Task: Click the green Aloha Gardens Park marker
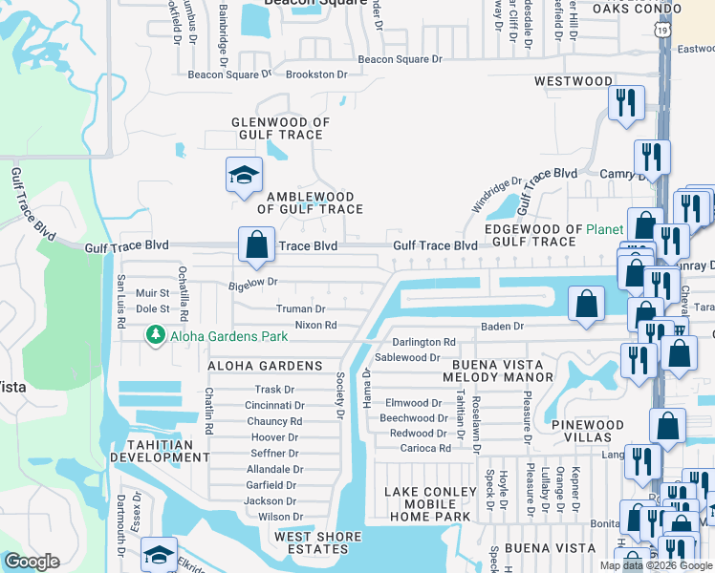click(x=153, y=335)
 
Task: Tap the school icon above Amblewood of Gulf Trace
click(x=243, y=175)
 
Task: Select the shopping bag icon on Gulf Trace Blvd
click(x=256, y=244)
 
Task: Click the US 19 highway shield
click(x=662, y=32)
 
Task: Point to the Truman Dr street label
click(x=301, y=309)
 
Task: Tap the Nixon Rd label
click(x=315, y=325)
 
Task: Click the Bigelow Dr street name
click(x=252, y=283)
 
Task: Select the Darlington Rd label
click(x=423, y=342)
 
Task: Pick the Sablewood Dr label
click(x=407, y=357)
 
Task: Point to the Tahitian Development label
click(x=160, y=451)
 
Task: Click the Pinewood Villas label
click(x=587, y=431)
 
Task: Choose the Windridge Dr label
click(x=496, y=195)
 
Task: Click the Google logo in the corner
click(x=32, y=562)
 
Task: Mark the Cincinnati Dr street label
click(x=274, y=405)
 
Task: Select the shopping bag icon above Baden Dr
click(x=586, y=304)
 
